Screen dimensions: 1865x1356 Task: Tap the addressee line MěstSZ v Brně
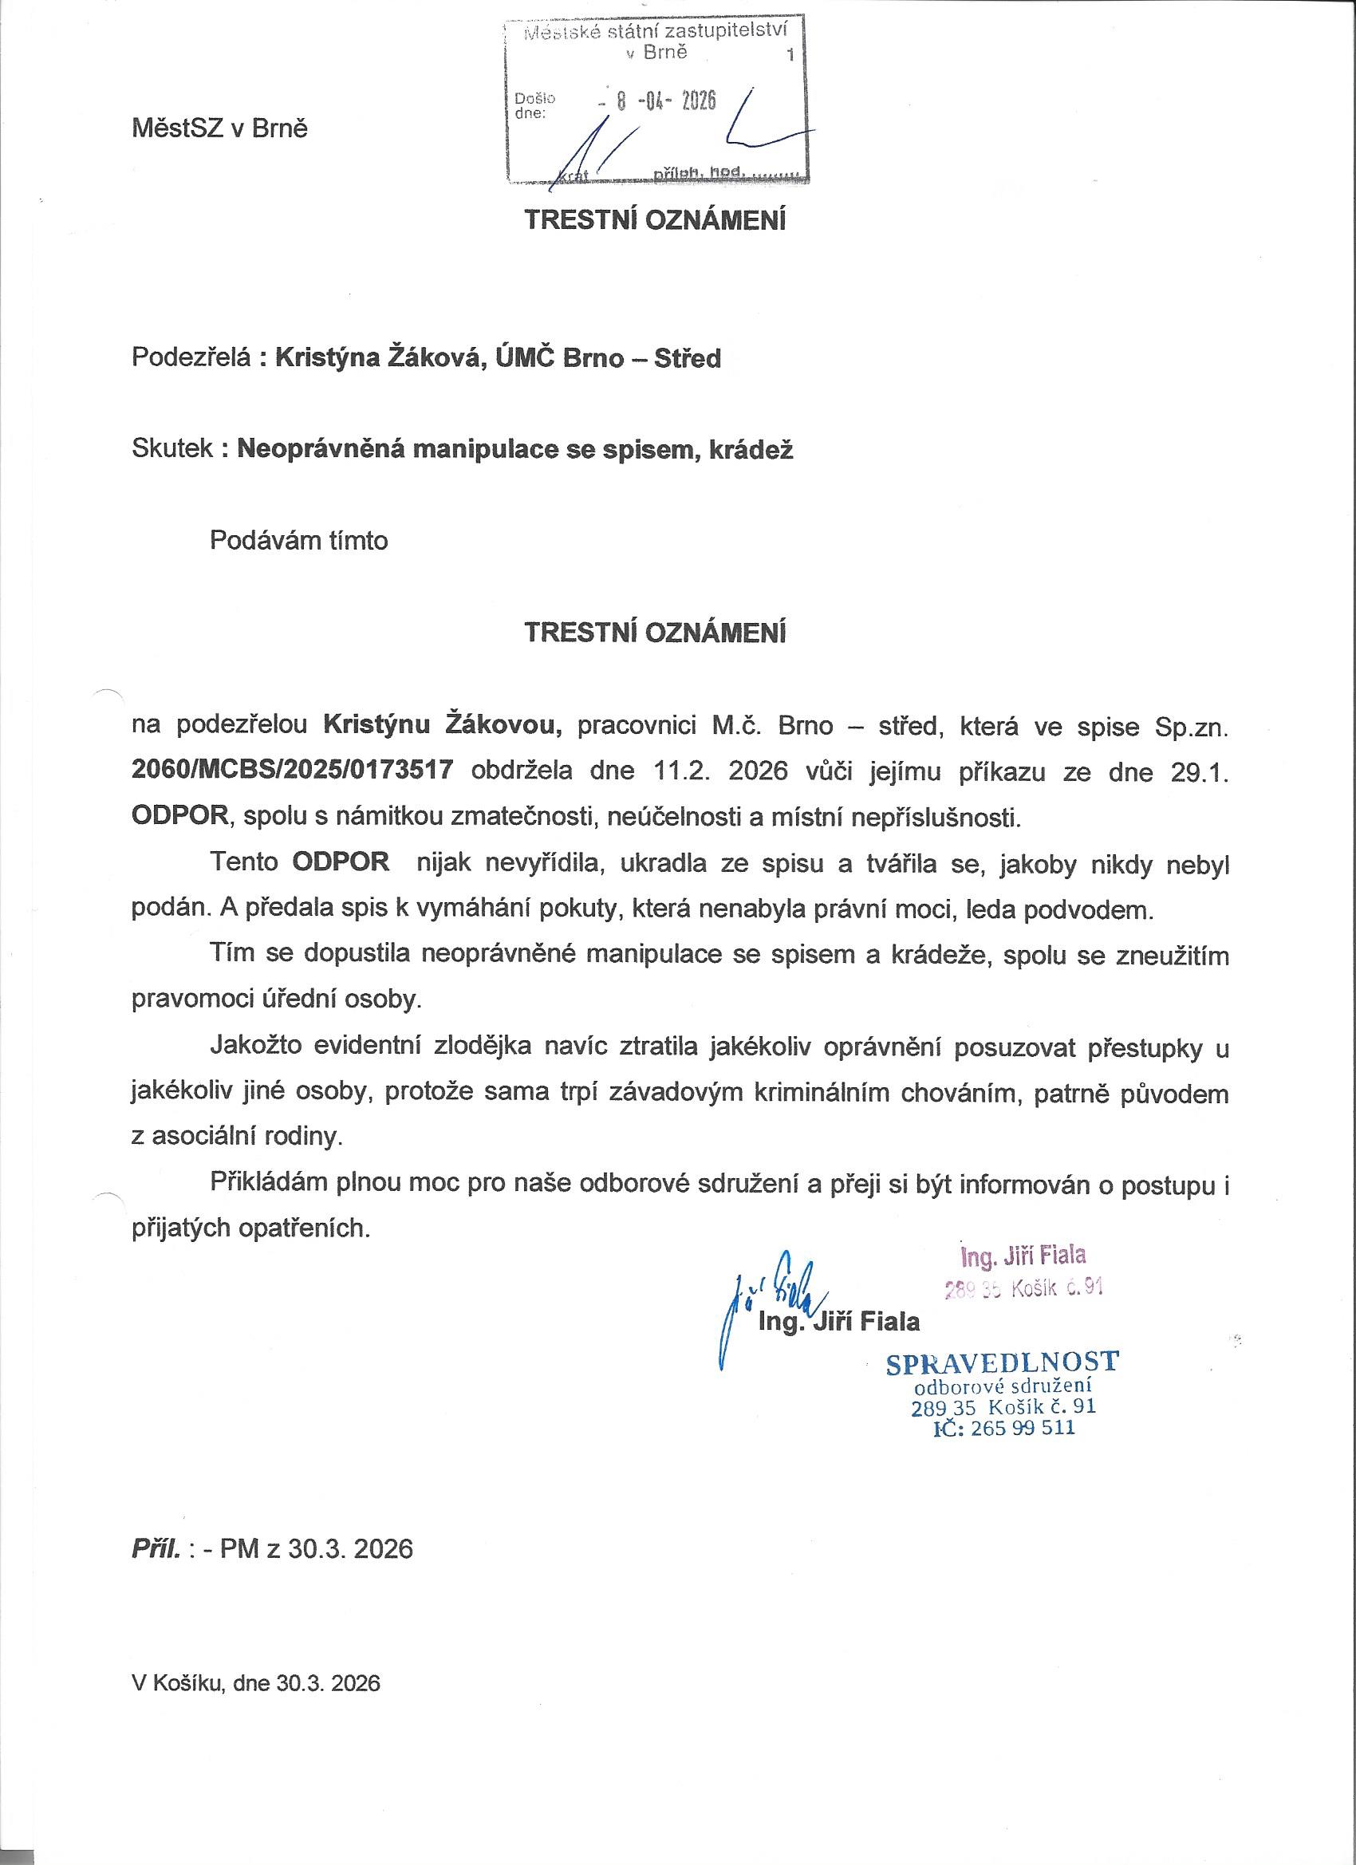coord(219,129)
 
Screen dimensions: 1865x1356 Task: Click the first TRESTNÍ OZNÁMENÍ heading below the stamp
coord(656,221)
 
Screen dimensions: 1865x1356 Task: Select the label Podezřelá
coord(190,358)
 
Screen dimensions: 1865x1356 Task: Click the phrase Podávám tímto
coord(299,540)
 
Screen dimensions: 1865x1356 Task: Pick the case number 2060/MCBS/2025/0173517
coord(293,771)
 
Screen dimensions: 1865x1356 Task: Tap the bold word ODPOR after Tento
coord(341,862)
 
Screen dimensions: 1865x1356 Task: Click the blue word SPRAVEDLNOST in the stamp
coord(1002,1362)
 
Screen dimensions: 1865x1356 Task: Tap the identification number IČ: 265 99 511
coord(1004,1429)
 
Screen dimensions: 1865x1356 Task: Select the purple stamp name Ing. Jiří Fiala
coord(1023,1256)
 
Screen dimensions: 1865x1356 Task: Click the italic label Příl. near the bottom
coord(156,1550)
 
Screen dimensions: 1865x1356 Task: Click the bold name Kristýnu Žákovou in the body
coord(443,724)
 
